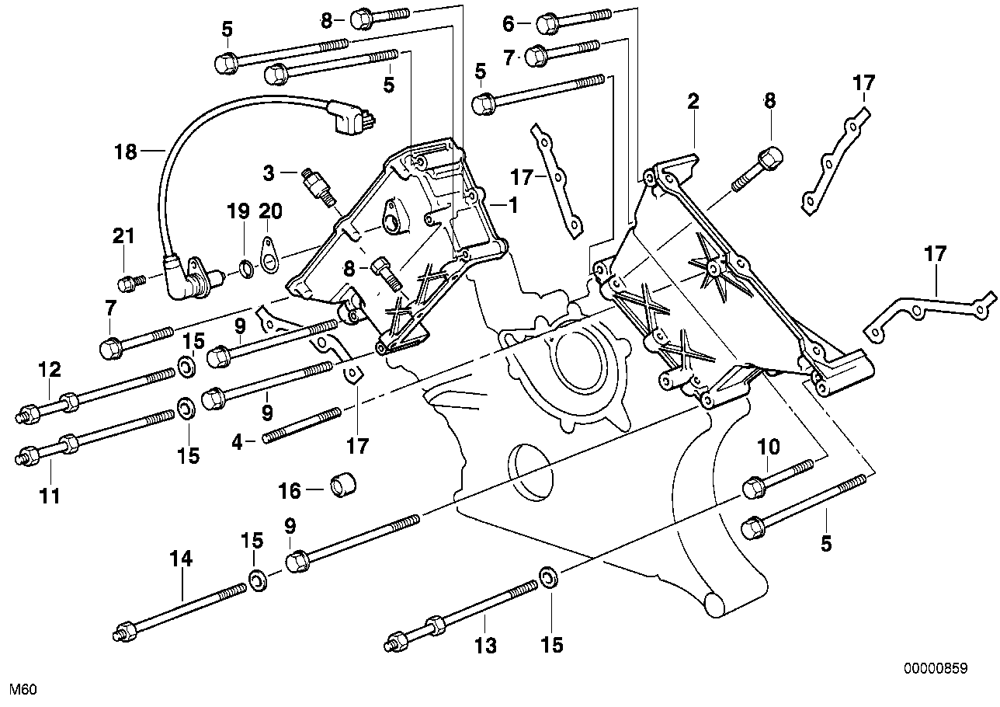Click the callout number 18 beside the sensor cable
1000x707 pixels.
[126, 151]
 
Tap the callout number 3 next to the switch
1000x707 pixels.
[269, 172]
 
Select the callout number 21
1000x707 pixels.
[123, 235]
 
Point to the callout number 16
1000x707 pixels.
[290, 491]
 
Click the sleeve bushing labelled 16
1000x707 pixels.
[343, 486]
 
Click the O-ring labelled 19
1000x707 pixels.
[246, 269]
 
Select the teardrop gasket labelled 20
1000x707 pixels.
[269, 255]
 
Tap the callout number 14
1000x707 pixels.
[181, 559]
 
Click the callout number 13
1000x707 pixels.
[485, 646]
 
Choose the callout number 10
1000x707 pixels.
[769, 446]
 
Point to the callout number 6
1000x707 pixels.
[508, 23]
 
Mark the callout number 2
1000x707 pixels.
[693, 102]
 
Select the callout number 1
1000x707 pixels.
[513, 205]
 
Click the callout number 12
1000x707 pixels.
[49, 369]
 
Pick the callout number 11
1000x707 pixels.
[49, 496]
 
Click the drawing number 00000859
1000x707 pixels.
[936, 668]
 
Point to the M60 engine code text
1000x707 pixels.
[23, 690]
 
